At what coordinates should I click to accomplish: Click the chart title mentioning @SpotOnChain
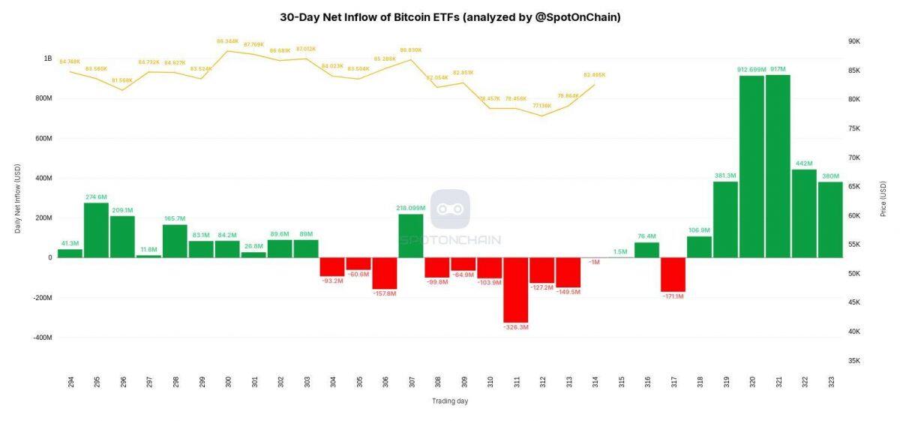(450, 17)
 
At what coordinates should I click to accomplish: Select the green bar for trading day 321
(778, 166)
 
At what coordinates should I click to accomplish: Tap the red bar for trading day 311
(516, 290)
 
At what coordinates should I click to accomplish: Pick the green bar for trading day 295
(96, 230)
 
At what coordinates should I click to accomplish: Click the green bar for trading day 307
(411, 236)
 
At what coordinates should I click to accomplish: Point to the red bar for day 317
(673, 274)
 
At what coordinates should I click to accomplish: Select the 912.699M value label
(751, 70)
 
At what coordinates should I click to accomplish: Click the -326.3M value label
(516, 327)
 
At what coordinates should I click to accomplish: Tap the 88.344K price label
(227, 41)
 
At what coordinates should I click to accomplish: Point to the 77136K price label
(541, 106)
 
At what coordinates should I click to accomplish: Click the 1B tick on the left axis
(48, 59)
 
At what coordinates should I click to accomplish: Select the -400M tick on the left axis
(41, 338)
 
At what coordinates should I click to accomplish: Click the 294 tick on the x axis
(70, 382)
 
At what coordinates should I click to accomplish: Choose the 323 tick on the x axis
(830, 382)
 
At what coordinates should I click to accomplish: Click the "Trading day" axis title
(450, 401)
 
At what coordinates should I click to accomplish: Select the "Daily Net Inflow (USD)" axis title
(18, 198)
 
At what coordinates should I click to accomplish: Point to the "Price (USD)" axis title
(883, 198)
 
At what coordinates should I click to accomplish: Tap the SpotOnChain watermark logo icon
(450, 209)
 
